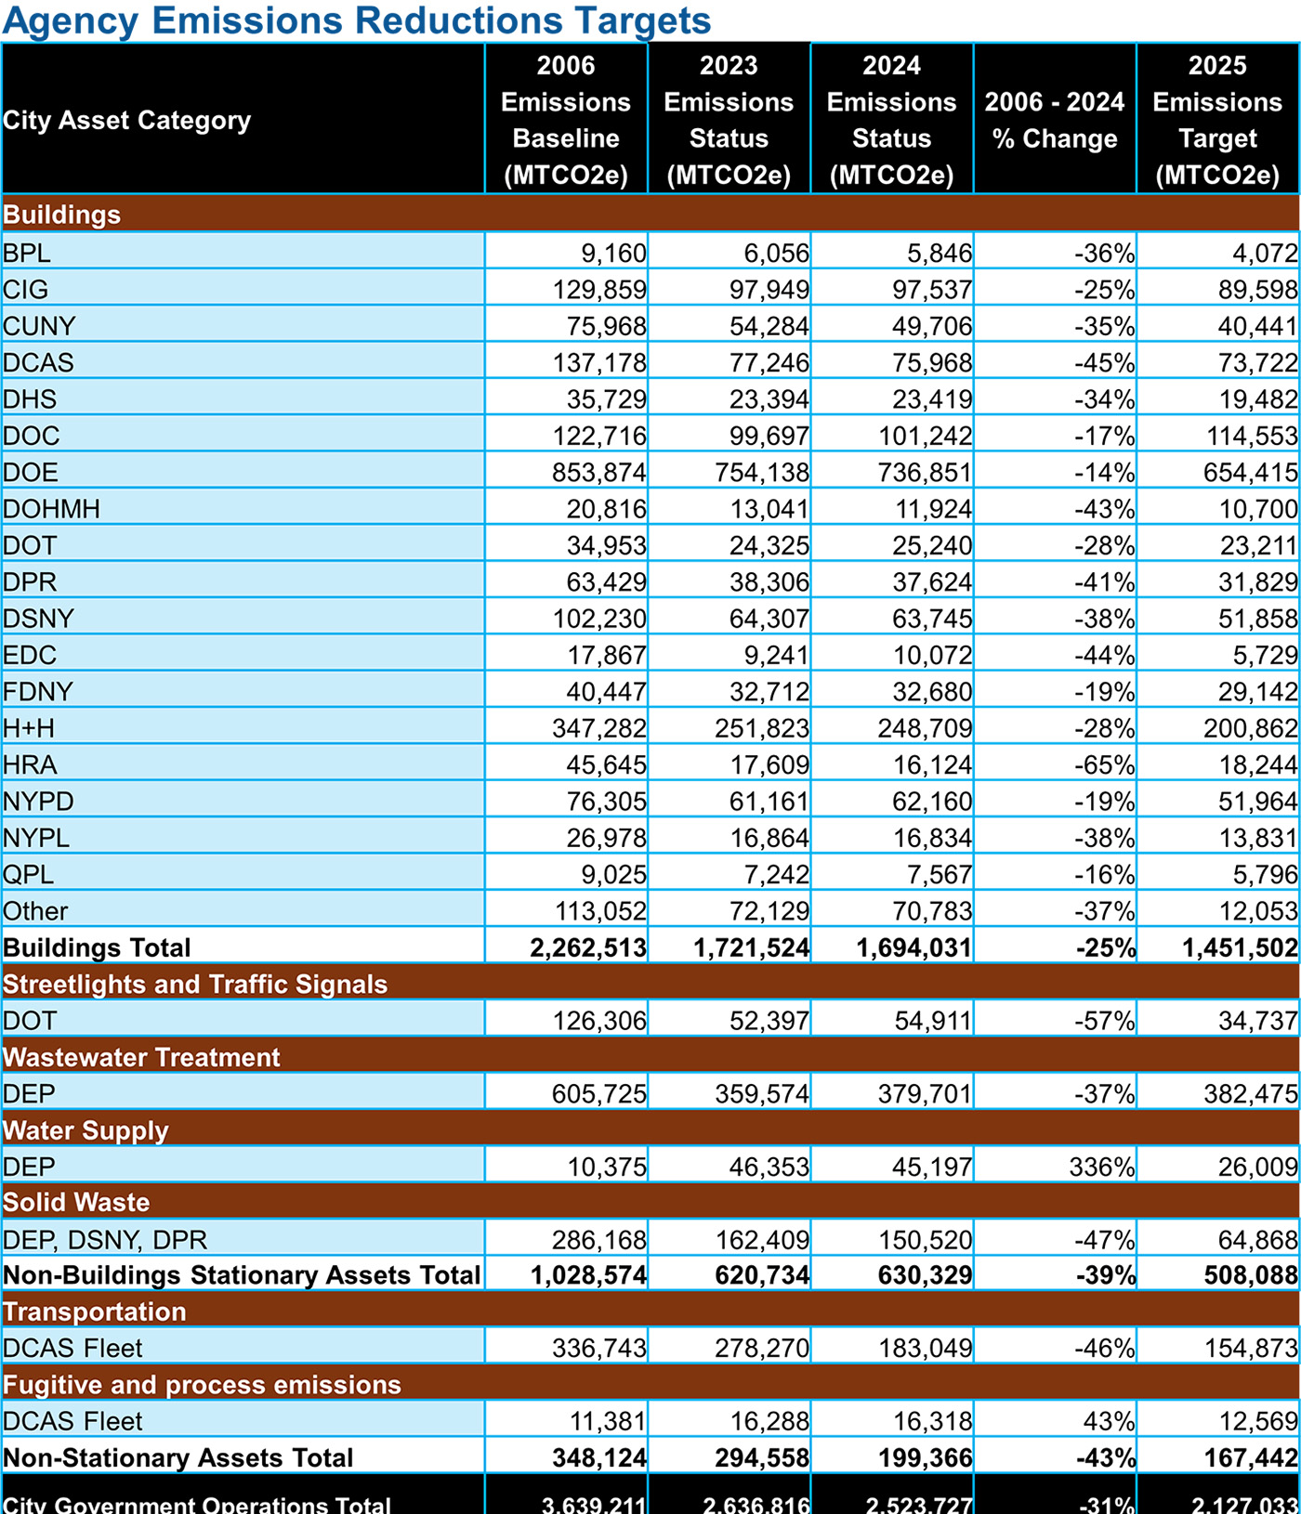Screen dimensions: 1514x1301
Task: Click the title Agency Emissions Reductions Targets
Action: (x=357, y=20)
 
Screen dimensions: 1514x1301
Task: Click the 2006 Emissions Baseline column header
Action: (x=566, y=120)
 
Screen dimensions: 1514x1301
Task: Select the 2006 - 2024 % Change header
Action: (x=1055, y=120)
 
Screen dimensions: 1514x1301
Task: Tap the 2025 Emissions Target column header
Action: (x=1217, y=120)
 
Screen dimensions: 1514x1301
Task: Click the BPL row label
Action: (x=27, y=253)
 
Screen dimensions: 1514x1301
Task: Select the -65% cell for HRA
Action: (x=1104, y=765)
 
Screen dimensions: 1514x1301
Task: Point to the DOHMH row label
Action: (x=51, y=509)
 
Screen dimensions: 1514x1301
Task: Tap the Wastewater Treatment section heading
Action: (x=141, y=1057)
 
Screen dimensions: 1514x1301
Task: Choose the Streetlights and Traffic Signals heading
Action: (x=195, y=985)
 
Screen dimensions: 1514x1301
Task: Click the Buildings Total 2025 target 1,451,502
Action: (x=1240, y=948)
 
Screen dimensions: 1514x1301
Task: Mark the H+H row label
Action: (x=29, y=728)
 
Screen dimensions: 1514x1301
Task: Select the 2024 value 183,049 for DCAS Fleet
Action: (x=926, y=1348)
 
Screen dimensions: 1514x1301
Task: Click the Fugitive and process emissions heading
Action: (x=202, y=1385)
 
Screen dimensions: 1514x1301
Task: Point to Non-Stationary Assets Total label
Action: (x=178, y=1458)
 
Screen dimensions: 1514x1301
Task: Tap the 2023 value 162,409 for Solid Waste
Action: (x=762, y=1240)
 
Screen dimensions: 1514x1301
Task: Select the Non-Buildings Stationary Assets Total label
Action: (x=242, y=1275)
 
